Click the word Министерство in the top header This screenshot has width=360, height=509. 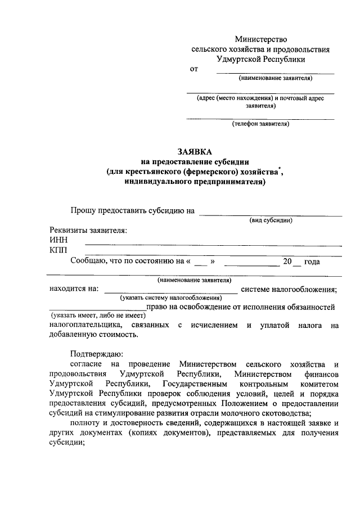click(260, 39)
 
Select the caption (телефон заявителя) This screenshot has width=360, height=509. click(260, 124)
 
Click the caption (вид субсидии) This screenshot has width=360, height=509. click(271, 220)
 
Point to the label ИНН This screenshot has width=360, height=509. click(58, 240)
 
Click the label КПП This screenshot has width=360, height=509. click(58, 250)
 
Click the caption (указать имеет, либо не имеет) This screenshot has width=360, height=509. click(98, 315)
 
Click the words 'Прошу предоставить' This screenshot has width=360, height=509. click(104, 211)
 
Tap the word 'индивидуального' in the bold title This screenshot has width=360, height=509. click(159, 181)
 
